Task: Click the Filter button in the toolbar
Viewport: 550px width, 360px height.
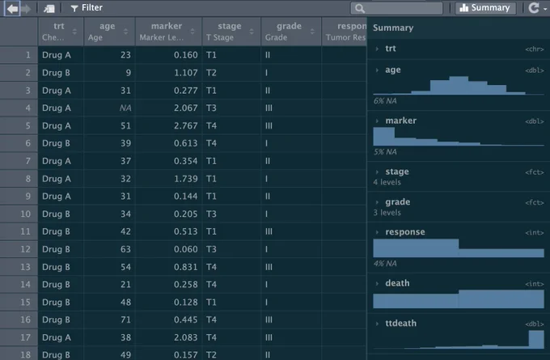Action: (x=87, y=8)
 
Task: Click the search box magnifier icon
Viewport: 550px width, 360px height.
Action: (x=360, y=8)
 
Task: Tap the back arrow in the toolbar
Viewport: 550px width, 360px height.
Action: (x=12, y=8)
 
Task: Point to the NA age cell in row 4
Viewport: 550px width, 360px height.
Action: (x=125, y=108)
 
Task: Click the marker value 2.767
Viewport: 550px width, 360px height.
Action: (x=185, y=125)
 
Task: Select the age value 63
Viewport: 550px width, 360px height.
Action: (x=125, y=249)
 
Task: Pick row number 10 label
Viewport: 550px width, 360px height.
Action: (x=25, y=214)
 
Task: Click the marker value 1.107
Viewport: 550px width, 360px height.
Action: (x=185, y=73)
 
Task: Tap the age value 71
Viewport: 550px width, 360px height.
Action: (x=125, y=320)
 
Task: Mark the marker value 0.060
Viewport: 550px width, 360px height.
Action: (x=185, y=249)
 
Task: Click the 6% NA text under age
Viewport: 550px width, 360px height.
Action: (x=385, y=101)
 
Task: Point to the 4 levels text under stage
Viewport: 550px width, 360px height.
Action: (x=387, y=182)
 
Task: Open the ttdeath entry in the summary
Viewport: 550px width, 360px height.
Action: (x=400, y=323)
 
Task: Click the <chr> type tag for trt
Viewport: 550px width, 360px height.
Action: (x=534, y=49)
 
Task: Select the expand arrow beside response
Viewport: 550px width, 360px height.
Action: (x=377, y=232)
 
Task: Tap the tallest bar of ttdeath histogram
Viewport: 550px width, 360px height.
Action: (x=536, y=340)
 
